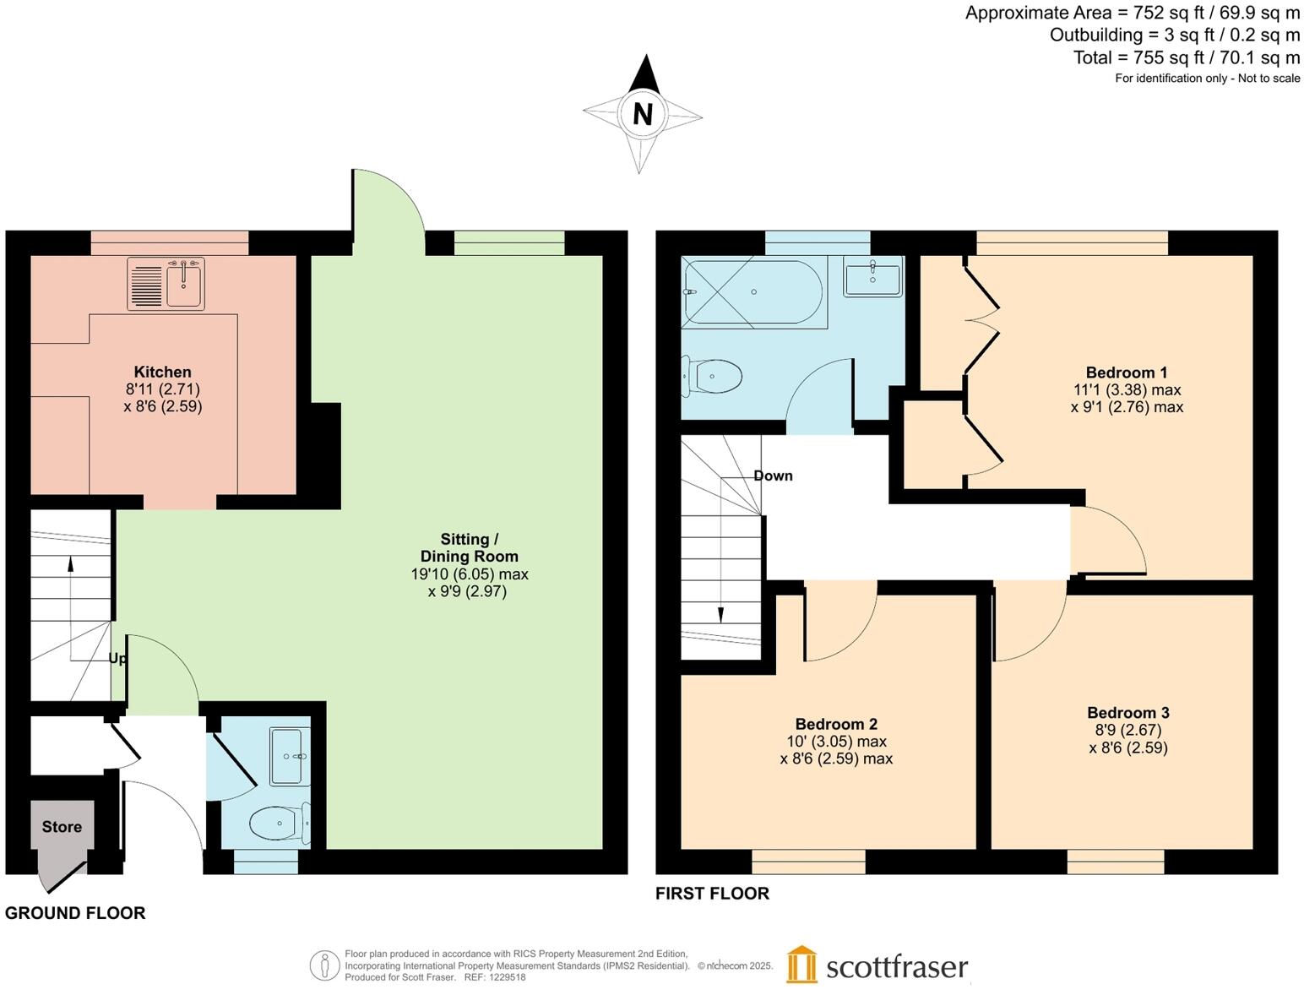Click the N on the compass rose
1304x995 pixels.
(643, 114)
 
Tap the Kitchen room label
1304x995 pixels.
(162, 372)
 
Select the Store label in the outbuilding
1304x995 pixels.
(62, 827)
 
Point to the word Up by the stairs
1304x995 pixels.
(117, 658)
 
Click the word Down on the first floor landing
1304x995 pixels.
(773, 476)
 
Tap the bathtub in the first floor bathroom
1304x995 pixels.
(753, 292)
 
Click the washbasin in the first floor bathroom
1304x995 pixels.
(872, 277)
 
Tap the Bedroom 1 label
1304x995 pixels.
(1126, 372)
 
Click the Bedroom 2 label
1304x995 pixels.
(836, 724)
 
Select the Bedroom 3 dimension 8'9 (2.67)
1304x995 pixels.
(1127, 730)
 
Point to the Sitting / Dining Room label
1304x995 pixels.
(469, 547)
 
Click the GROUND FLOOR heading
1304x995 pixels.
(75, 912)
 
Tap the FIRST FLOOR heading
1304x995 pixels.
(712, 893)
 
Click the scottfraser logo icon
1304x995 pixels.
(801, 965)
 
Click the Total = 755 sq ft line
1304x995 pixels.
(1186, 57)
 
